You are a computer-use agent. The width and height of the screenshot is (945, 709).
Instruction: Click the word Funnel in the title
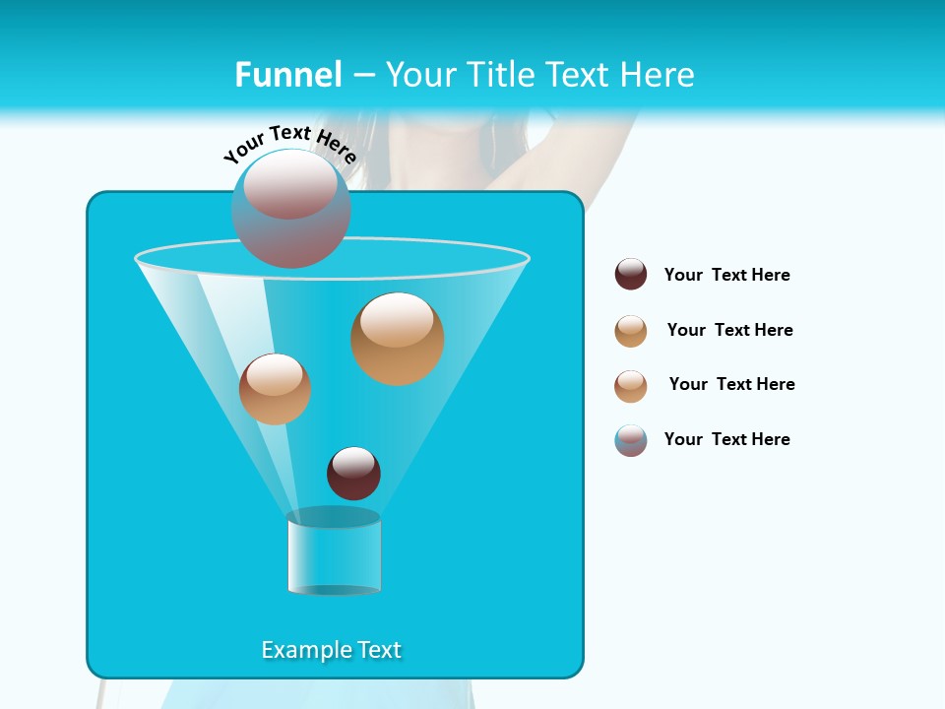coord(288,75)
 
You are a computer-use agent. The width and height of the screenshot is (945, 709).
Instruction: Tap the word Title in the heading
coord(498,75)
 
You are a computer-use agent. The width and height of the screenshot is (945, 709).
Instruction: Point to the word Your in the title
coord(420,75)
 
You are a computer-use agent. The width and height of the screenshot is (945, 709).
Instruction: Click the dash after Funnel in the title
coord(363,76)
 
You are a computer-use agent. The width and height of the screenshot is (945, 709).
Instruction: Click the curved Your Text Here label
coord(289,144)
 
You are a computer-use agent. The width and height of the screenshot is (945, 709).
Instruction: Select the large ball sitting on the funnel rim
coord(291,208)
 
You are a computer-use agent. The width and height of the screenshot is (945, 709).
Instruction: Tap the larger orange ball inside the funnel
coord(397,338)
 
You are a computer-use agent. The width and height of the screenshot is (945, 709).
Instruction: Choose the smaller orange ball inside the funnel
coord(275,389)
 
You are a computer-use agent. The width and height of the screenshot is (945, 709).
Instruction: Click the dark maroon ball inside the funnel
coord(353,473)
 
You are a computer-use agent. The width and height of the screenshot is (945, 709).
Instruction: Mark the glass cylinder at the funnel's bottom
coord(334,553)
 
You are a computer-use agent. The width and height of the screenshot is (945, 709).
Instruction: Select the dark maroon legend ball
coord(631,275)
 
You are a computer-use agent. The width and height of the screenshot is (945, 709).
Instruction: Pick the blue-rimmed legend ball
coord(631,440)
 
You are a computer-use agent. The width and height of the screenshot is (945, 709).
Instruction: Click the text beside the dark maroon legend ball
coord(726,275)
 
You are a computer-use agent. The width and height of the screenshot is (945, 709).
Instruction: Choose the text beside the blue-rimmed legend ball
coord(726,439)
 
